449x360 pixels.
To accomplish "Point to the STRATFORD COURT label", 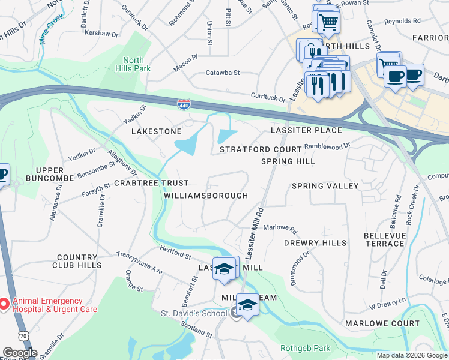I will pyautogui.click(x=260, y=149).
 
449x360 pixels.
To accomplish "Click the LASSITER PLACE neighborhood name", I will pyautogui.click(x=306, y=130).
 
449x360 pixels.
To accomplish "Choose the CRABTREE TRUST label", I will pyautogui.click(x=151, y=183).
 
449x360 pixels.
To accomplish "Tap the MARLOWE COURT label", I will pyautogui.click(x=382, y=323).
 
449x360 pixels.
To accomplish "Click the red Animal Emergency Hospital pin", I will pyautogui.click(x=4, y=305).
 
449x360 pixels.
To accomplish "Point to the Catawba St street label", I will pyautogui.click(x=223, y=73).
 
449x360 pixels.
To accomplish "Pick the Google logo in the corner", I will pyautogui.click(x=19, y=353).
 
